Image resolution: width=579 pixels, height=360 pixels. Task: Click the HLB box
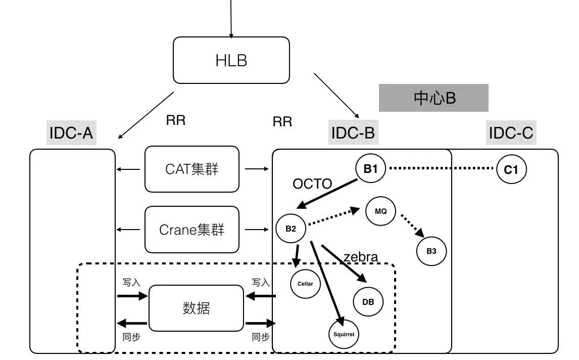(x=231, y=60)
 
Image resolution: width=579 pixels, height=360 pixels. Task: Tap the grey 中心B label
(x=433, y=98)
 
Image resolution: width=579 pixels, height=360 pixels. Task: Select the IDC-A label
(x=71, y=133)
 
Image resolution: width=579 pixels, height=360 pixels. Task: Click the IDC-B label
(x=353, y=133)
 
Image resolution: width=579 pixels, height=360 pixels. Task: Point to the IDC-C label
(x=511, y=133)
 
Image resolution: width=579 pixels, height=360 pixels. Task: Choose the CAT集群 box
(x=192, y=169)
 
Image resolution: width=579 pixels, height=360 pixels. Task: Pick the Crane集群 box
(x=192, y=230)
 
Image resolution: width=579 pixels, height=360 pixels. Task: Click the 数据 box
(x=196, y=308)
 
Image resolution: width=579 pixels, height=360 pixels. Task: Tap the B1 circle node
(x=371, y=169)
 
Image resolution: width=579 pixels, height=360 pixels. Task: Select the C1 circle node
(x=511, y=169)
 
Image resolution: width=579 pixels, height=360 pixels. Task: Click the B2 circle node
(x=291, y=228)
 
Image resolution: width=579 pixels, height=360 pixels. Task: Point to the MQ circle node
(x=381, y=211)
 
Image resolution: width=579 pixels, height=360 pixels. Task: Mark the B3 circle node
(x=431, y=250)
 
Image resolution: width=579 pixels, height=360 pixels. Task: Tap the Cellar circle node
(x=305, y=284)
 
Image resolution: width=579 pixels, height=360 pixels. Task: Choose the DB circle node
(x=368, y=302)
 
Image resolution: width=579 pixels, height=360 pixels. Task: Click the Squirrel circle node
(x=344, y=334)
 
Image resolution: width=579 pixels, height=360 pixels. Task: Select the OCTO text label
(x=312, y=184)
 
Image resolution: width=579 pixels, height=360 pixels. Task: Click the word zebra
(x=360, y=257)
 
